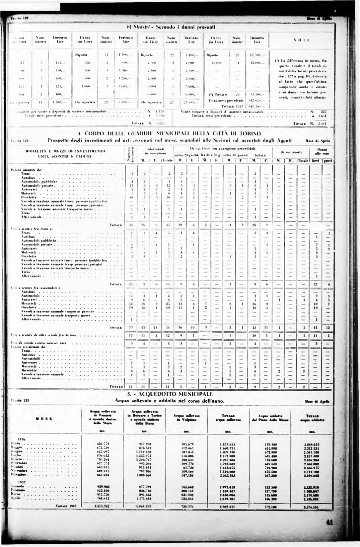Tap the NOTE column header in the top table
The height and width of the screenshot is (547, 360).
(301, 40)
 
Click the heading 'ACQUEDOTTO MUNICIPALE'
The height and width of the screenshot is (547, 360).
(170, 394)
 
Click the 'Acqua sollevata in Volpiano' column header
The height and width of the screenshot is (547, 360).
(186, 418)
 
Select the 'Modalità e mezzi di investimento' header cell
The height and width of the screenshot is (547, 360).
(66, 153)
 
